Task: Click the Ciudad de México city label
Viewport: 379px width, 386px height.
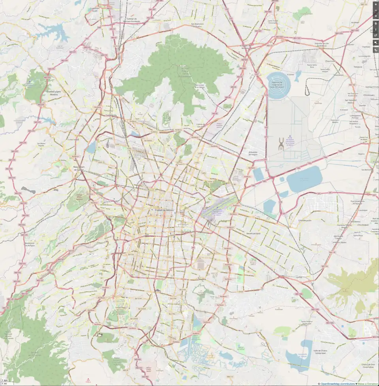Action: tap(164, 210)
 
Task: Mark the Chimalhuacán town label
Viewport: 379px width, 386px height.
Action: tap(305, 220)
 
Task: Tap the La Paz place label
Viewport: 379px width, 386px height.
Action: tap(299, 278)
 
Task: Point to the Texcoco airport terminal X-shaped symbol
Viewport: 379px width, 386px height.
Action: tap(281, 144)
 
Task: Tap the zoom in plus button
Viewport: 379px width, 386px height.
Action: tap(375, 4)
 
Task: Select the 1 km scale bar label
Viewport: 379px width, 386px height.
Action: tap(4, 380)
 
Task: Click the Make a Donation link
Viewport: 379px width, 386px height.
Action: tap(368, 384)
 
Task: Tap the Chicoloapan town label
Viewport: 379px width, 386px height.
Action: tap(352, 225)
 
